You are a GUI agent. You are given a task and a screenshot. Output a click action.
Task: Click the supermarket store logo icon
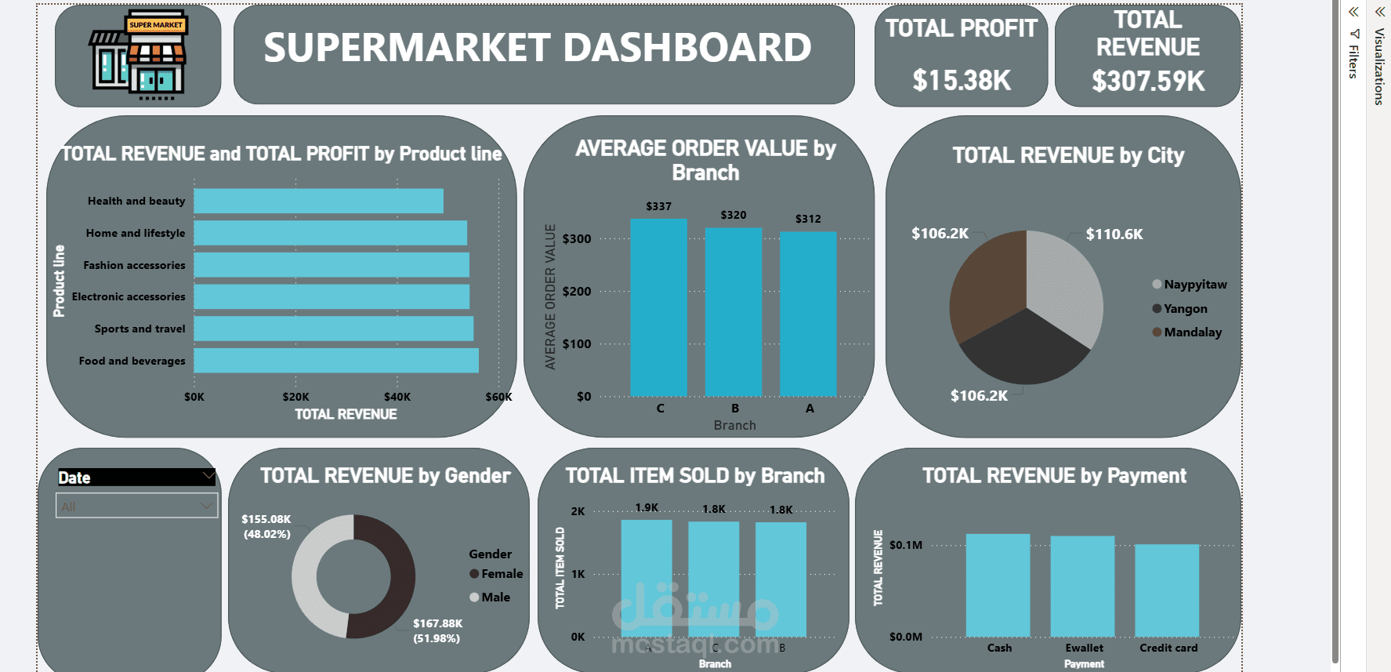138,55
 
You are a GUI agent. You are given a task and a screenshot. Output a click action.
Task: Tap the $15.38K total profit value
962,80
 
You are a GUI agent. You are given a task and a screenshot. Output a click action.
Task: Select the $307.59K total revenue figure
1148,81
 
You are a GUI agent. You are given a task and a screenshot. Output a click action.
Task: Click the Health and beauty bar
318,201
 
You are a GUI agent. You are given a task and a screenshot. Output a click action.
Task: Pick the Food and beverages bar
336,361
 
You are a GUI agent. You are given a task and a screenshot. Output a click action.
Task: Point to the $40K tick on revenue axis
397,397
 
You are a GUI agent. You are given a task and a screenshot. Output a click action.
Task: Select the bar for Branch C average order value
659,307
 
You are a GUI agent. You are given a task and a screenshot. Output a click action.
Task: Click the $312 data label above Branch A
808,219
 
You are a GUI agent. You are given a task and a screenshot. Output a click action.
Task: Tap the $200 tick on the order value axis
577,291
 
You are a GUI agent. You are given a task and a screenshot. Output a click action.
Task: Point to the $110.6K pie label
1114,234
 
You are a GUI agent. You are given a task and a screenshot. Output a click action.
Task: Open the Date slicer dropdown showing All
136,507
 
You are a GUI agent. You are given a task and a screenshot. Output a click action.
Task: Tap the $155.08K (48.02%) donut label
266,526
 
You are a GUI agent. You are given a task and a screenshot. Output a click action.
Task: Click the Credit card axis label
1168,648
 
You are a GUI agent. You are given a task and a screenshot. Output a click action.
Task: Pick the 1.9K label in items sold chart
647,507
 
